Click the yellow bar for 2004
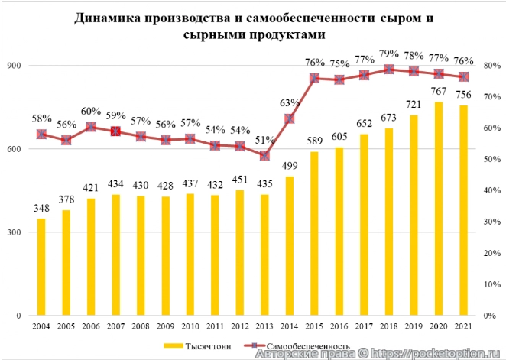click(41, 267)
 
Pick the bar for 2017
click(364, 225)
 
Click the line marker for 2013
click(264, 155)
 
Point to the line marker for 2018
click(388, 70)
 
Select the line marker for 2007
click(115, 131)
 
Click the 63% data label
click(289, 103)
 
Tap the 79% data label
click(388, 54)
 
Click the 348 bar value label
click(41, 209)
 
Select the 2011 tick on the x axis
click(215, 326)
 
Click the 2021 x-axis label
click(462, 326)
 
